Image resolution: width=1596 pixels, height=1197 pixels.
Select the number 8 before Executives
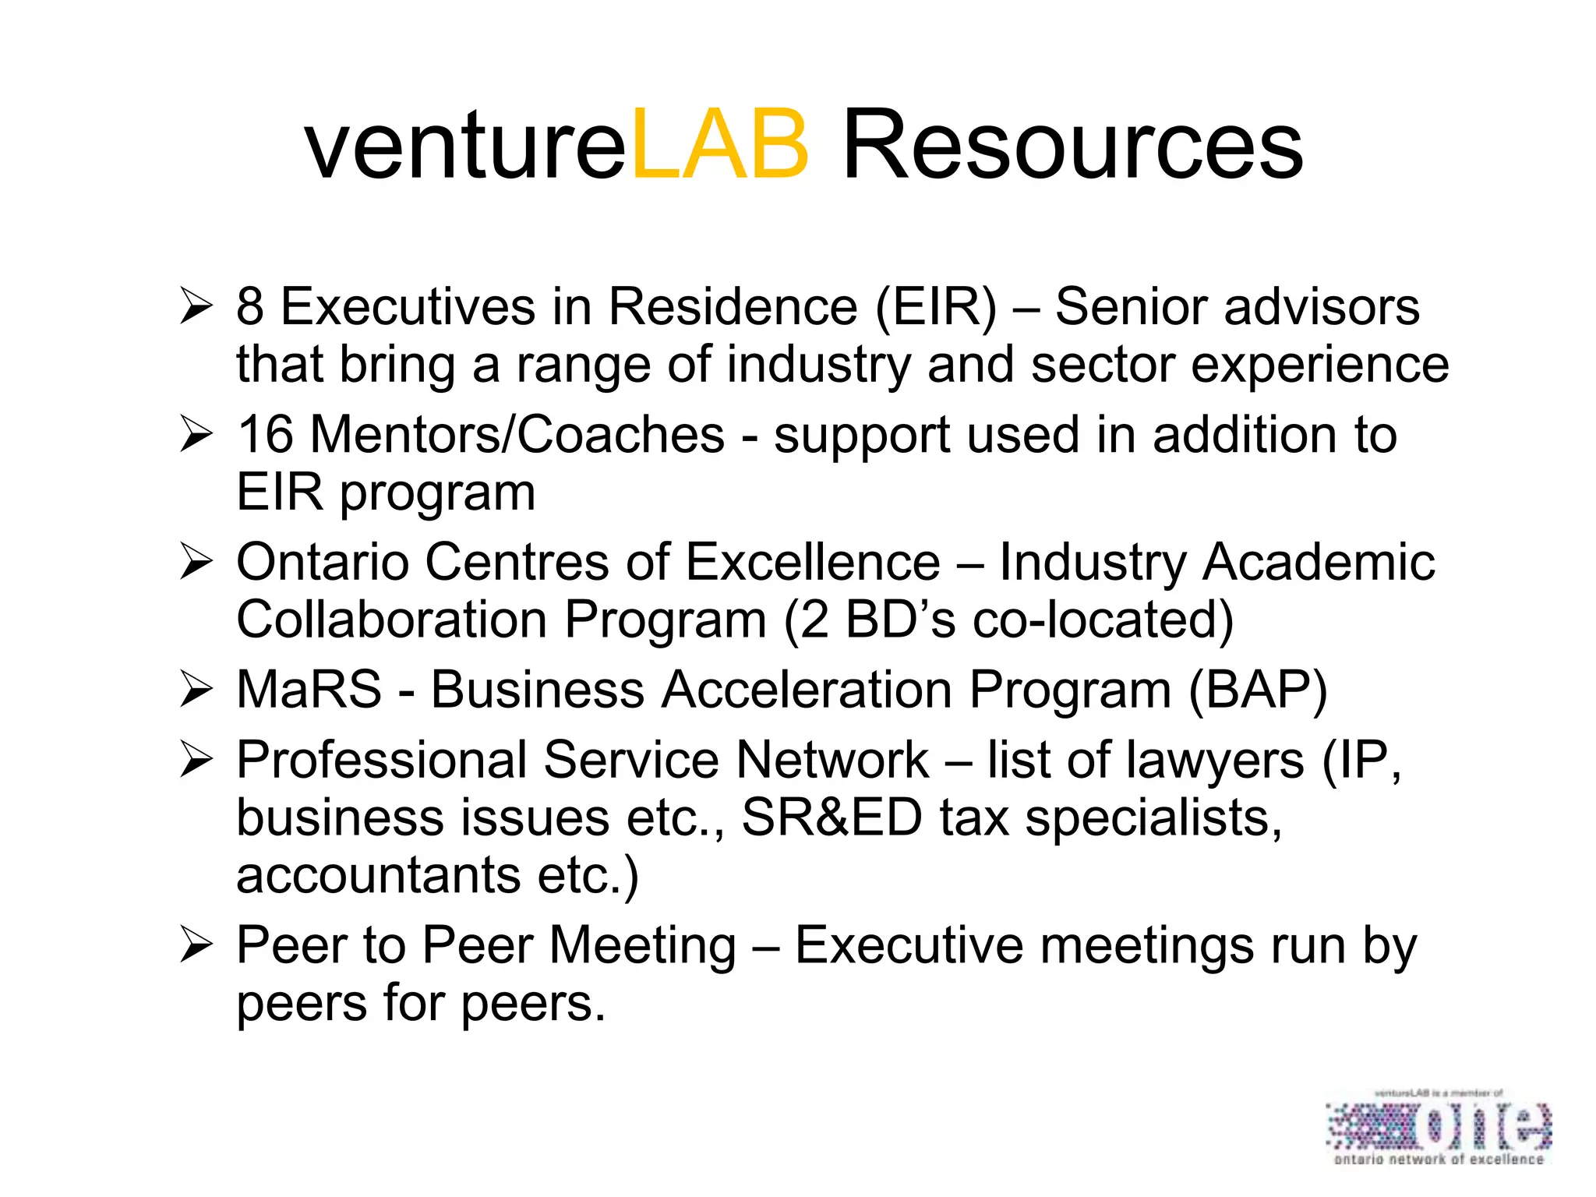point(249,306)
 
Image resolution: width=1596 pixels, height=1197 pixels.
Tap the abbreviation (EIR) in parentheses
point(935,306)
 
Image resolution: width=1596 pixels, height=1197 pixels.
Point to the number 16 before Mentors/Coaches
point(265,434)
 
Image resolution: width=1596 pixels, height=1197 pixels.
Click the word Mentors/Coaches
point(517,434)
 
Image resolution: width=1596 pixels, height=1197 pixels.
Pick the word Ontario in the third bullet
point(323,562)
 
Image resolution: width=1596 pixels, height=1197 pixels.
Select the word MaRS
point(309,690)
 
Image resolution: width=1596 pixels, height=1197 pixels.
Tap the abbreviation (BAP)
point(1258,690)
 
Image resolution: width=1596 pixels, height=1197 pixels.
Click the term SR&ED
point(832,817)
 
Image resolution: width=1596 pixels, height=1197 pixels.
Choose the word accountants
point(378,875)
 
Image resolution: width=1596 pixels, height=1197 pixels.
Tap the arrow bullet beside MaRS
point(195,690)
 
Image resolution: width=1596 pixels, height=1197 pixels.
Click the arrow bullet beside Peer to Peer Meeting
point(195,945)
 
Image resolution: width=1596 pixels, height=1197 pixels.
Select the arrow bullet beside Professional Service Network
point(195,760)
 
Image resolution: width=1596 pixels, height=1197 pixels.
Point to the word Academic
point(1318,562)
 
